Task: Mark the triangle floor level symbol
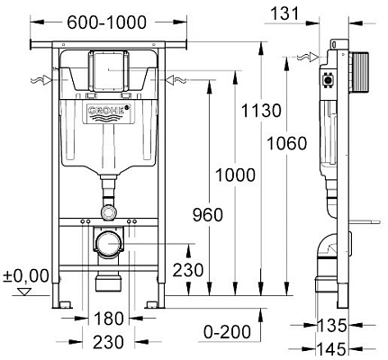pos(24,292)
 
